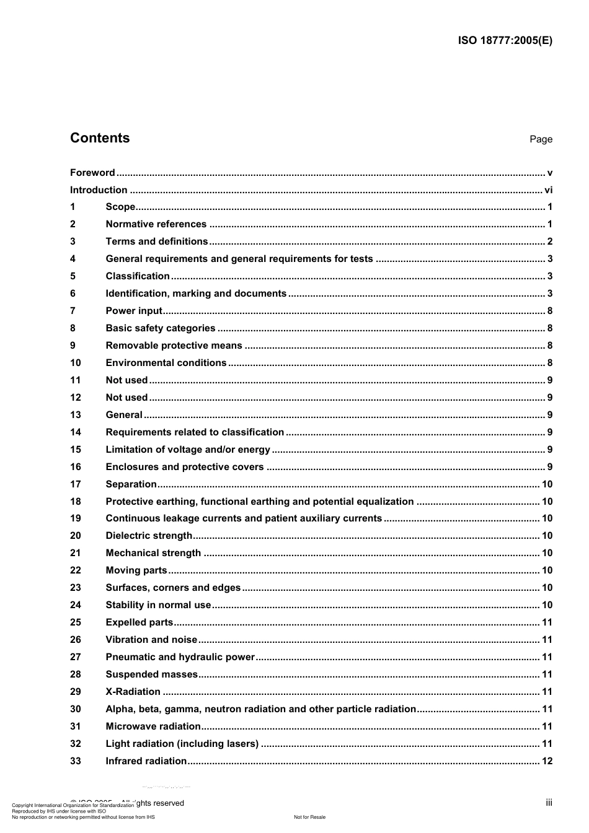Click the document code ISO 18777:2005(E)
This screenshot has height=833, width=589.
(x=505, y=41)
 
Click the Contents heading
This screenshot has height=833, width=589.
(x=100, y=138)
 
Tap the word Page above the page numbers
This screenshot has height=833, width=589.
(x=541, y=139)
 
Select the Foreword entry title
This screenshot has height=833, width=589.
(x=92, y=173)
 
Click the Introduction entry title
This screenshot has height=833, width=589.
(x=99, y=190)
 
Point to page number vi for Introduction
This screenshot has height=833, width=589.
(x=548, y=190)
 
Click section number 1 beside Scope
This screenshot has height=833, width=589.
(x=73, y=207)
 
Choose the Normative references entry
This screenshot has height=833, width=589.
(x=156, y=224)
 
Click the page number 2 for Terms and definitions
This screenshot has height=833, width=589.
(x=549, y=242)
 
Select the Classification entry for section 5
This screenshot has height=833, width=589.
(x=138, y=276)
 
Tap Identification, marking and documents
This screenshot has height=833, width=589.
(x=196, y=294)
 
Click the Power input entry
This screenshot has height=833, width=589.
(x=134, y=311)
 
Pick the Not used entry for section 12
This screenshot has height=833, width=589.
(x=126, y=398)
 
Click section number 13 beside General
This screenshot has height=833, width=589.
(x=75, y=415)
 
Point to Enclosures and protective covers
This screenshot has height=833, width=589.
(x=185, y=467)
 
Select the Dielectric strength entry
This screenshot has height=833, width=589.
(x=149, y=536)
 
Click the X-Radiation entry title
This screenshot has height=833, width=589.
(x=133, y=692)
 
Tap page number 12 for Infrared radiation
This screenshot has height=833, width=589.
(x=547, y=761)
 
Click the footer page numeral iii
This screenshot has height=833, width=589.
(x=549, y=803)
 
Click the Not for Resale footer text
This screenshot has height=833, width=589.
(x=309, y=817)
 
